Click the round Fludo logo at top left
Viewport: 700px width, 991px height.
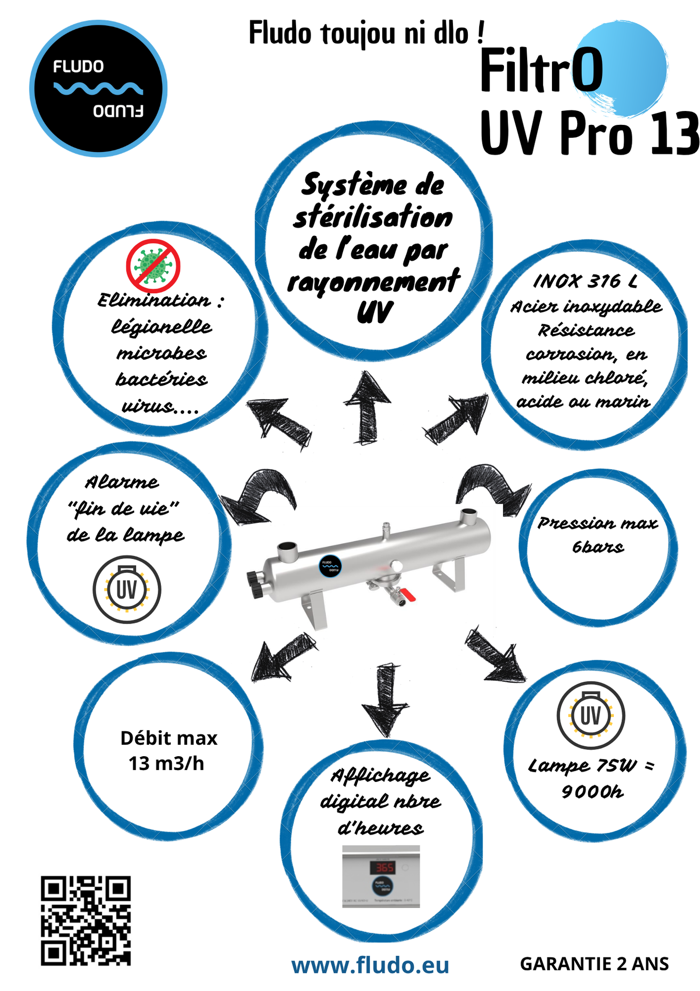[98, 88]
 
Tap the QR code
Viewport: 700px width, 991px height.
[86, 920]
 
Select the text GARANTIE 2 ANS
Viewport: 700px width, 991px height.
[594, 964]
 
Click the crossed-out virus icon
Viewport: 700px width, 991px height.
[153, 265]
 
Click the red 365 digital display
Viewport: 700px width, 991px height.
[384, 868]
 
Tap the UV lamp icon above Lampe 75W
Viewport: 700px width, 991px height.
[591, 715]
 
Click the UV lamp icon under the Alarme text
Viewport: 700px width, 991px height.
[127, 589]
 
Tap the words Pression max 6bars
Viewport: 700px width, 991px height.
[598, 535]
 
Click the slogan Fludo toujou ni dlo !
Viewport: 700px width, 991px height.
[367, 34]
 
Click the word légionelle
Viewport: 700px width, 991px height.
[161, 327]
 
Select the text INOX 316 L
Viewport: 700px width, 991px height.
[585, 281]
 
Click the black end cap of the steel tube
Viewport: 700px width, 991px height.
[256, 585]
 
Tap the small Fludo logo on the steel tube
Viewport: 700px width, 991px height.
[330, 566]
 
